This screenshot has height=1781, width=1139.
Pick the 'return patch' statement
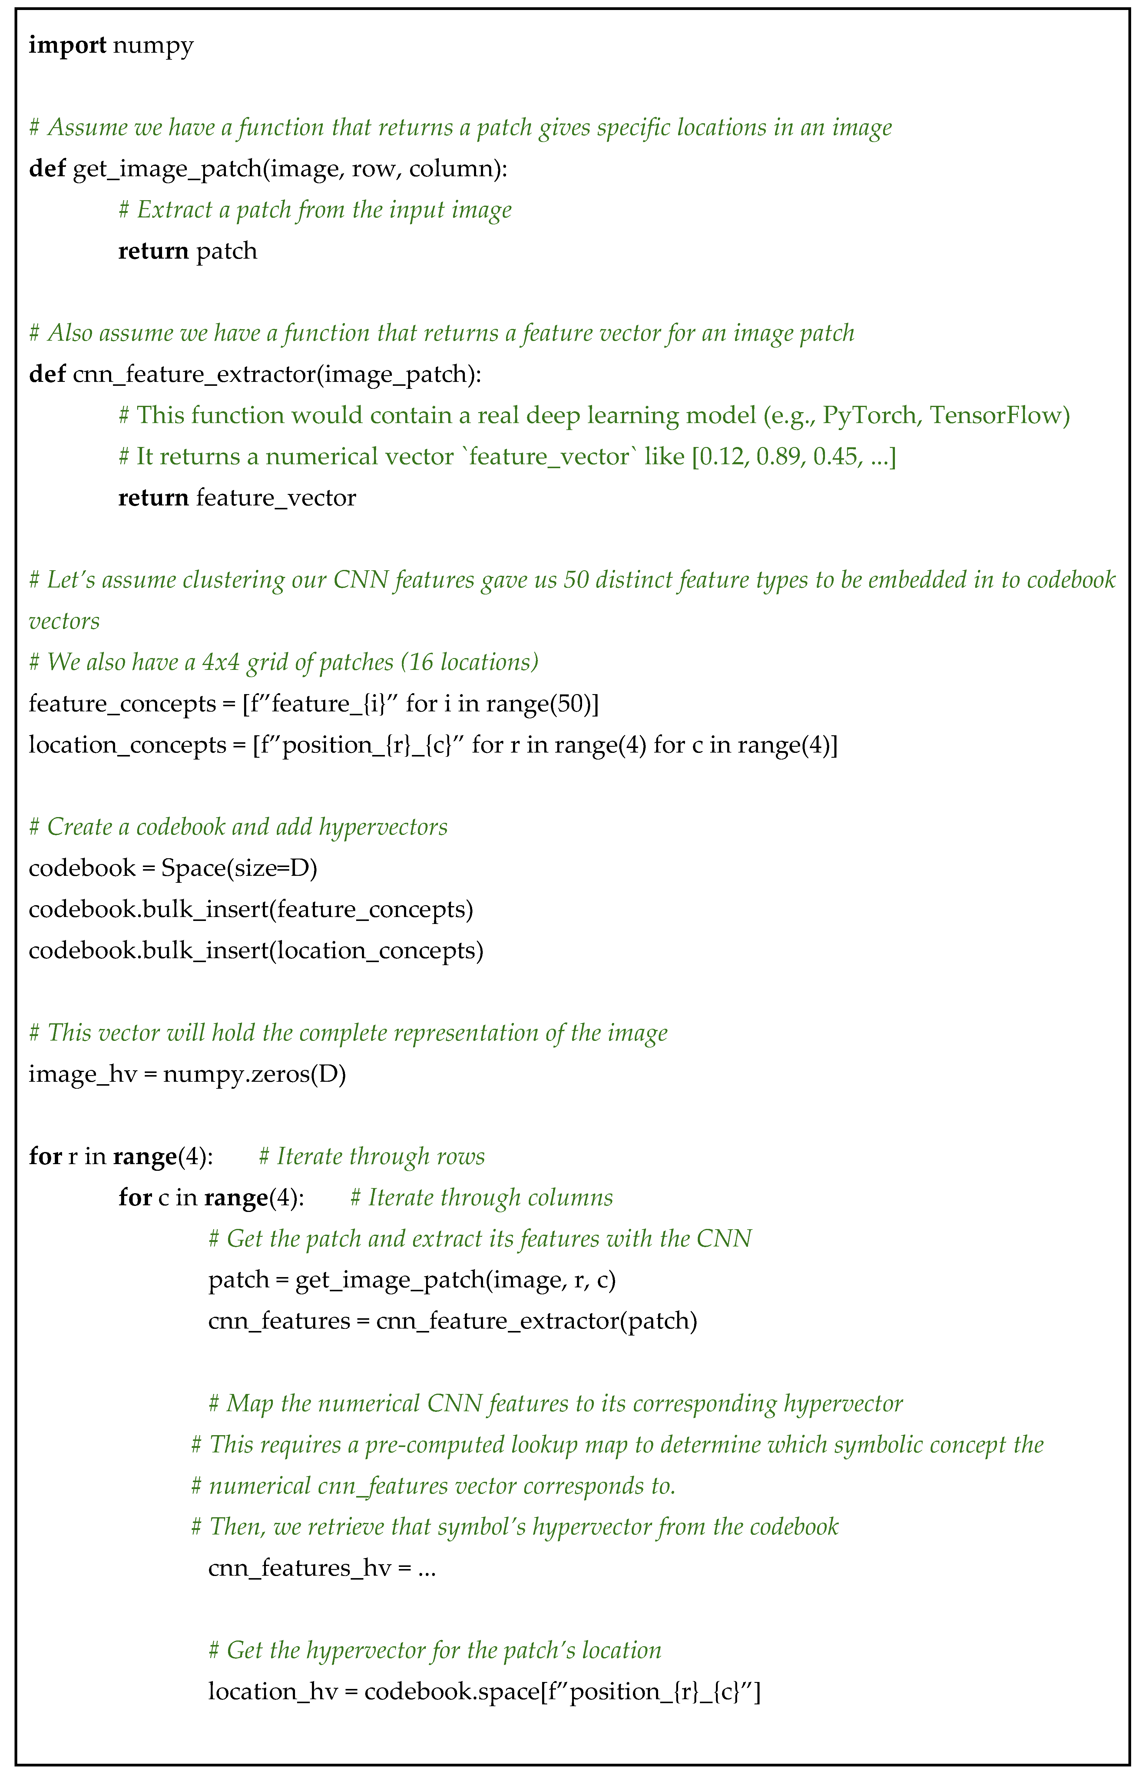click(188, 251)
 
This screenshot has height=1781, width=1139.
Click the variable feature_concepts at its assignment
click(122, 704)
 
